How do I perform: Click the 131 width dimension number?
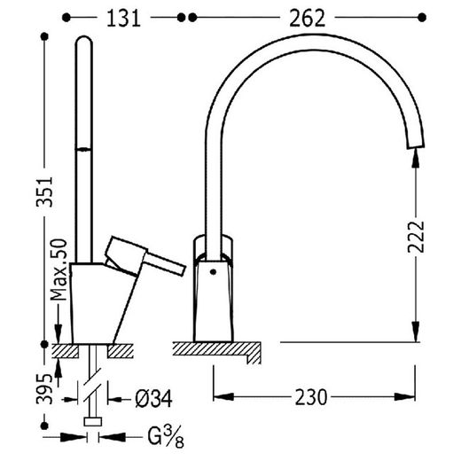coord(123,19)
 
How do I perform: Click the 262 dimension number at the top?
coord(307,19)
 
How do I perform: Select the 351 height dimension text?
coord(44,192)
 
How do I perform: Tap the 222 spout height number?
coord(416,238)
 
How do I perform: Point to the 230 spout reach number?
coord(311,397)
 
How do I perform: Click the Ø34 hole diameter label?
coord(153,399)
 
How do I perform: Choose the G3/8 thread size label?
coord(166,437)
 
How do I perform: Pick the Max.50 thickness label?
coord(59,270)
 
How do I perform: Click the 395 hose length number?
coord(44,389)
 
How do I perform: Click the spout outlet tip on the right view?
coord(416,146)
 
